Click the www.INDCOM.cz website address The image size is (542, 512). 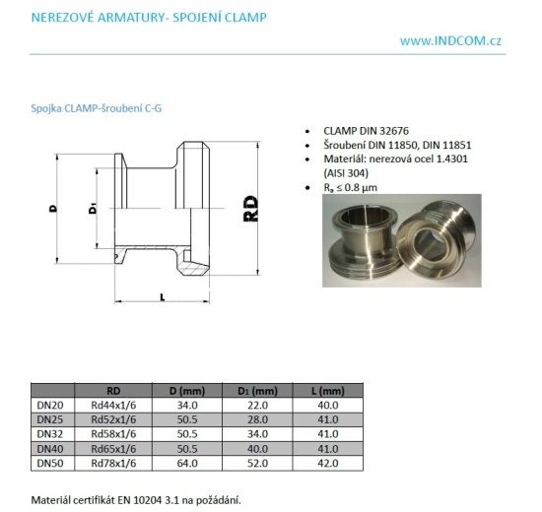point(450,40)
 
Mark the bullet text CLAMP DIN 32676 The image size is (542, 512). point(367,130)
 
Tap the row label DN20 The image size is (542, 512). point(50,405)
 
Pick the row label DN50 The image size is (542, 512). point(50,461)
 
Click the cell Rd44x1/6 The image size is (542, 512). point(114,405)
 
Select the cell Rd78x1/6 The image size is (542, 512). point(114,461)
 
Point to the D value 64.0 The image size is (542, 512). point(186,461)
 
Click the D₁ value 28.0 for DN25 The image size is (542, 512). point(258,418)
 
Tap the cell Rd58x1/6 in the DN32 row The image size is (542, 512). point(114,432)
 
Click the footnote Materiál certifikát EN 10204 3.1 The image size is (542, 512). point(136,499)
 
